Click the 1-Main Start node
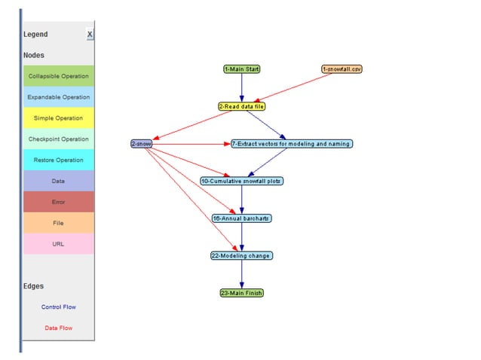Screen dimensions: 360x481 click(x=242, y=69)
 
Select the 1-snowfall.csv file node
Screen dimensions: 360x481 click(x=342, y=69)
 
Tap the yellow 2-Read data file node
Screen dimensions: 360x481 click(x=242, y=106)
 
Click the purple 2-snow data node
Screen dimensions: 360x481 click(x=142, y=143)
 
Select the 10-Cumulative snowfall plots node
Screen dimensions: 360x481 click(x=242, y=181)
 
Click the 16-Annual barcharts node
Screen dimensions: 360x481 click(x=241, y=218)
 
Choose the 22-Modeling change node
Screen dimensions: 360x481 click(x=241, y=255)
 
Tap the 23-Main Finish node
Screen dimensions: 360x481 click(x=242, y=292)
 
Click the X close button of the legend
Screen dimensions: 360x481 click(x=90, y=35)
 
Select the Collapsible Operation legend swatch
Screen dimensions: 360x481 click(x=59, y=76)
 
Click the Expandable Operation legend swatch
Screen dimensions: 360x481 click(x=59, y=97)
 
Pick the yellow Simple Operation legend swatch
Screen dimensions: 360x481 click(x=59, y=118)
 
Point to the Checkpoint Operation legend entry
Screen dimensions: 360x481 click(x=59, y=139)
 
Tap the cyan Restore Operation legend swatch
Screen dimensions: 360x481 click(x=59, y=160)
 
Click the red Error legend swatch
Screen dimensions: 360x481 click(x=59, y=202)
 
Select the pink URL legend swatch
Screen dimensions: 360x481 click(x=59, y=244)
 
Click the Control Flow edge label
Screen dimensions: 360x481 click(x=59, y=307)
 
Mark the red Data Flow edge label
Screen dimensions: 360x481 click(x=59, y=328)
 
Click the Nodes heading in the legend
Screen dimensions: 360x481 click(x=34, y=55)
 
